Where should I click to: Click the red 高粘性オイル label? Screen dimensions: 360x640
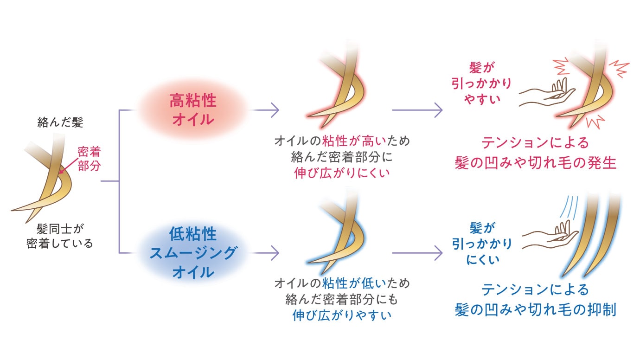pos(192,110)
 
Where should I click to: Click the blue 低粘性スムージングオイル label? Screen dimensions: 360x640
pos(192,253)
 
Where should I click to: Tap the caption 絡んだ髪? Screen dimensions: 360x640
pos(60,122)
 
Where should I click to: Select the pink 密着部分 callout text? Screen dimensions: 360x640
pos(89,158)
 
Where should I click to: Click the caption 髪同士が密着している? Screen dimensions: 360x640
pos(60,236)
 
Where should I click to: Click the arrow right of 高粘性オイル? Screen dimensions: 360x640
pos(264,110)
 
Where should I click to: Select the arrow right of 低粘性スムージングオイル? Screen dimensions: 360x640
pos(264,253)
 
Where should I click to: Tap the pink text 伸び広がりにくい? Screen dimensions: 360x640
pos(342,173)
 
